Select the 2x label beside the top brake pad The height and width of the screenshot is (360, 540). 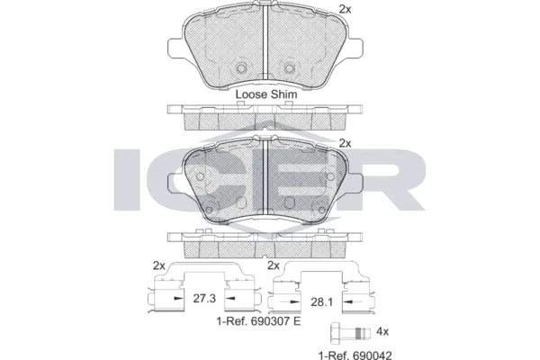tap(344, 9)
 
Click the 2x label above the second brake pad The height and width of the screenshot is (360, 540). tap(344, 142)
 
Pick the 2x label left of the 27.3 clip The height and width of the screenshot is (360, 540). tap(159, 265)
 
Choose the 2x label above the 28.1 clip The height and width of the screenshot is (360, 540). tap(274, 265)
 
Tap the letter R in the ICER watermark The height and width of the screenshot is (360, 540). tap(386, 177)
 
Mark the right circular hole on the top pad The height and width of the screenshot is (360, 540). tap(289, 68)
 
